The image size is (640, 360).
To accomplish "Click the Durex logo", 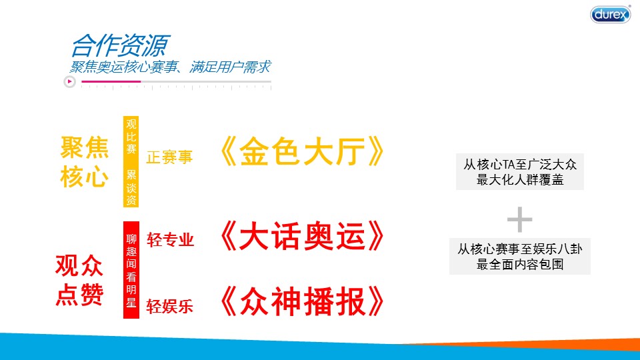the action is click(610, 14).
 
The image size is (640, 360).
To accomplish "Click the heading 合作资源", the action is click(121, 45).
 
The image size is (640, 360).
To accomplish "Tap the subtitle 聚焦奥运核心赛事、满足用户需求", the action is click(170, 67).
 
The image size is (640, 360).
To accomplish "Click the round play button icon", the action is click(69, 81).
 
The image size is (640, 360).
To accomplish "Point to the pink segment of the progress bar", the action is click(111, 81).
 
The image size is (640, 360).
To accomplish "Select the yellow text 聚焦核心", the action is click(85, 162).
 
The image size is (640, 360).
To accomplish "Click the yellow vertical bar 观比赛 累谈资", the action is click(131, 161).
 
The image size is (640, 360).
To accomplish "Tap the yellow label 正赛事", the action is click(169, 157).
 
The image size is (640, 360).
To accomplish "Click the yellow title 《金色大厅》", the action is click(302, 151).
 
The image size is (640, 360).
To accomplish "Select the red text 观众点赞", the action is click(79, 280).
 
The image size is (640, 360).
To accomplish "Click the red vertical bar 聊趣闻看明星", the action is click(131, 270).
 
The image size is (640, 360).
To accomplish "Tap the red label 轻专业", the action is click(170, 240).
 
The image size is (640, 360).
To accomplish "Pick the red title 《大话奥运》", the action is click(302, 236).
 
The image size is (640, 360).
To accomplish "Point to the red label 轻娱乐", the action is click(170, 307).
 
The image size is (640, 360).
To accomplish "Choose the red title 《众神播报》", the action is click(302, 301).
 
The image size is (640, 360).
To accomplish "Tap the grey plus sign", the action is click(519, 219).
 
